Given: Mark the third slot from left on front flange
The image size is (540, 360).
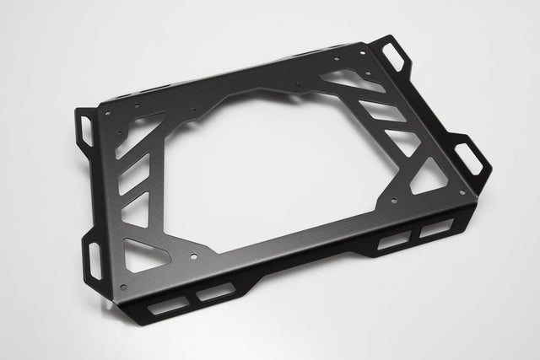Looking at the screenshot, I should coord(391,243).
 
